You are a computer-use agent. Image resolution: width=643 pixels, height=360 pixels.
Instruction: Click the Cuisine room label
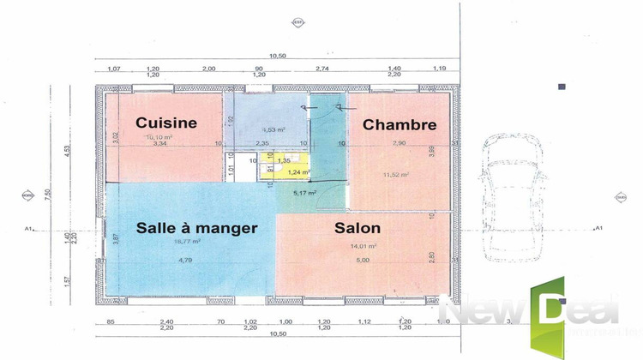166,123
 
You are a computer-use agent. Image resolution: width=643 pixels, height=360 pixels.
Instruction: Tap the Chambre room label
400,124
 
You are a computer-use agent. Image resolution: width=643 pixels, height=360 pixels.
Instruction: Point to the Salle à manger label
197,228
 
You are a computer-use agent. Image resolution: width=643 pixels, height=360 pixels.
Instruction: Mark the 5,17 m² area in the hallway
305,193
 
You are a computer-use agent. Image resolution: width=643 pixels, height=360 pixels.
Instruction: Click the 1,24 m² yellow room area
297,172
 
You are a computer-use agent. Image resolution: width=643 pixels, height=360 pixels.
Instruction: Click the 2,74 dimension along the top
322,68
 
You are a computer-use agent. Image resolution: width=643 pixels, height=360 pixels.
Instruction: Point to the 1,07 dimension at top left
112,68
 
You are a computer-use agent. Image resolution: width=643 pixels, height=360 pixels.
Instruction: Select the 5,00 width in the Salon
363,260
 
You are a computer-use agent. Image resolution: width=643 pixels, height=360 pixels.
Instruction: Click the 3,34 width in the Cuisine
159,144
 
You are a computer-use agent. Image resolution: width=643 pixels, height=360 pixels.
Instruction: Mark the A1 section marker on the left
28,228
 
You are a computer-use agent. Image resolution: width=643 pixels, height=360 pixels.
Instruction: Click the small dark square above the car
562,87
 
